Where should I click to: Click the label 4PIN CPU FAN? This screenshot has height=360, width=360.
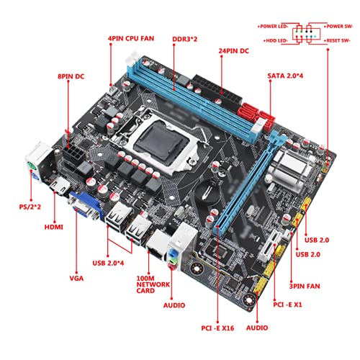coord(131,38)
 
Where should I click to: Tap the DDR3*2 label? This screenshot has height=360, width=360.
coord(185,39)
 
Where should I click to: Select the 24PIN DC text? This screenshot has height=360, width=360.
coord(233,51)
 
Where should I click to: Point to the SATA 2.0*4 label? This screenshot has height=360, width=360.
coord(285,76)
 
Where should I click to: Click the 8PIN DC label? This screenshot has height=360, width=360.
coord(71,76)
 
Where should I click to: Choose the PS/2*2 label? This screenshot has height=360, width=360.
coord(30,207)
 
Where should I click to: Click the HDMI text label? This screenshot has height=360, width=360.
coord(54,227)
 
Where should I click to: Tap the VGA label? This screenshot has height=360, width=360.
coord(76,279)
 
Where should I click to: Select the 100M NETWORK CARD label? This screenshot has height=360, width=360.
coord(153,284)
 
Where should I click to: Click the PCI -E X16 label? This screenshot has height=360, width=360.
coord(217,328)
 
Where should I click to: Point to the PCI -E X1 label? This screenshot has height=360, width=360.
coord(287,305)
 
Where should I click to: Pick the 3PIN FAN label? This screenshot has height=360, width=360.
coord(305,286)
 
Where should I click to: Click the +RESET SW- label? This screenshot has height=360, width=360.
coord(337,41)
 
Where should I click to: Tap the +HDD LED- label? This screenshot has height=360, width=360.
coord(276,41)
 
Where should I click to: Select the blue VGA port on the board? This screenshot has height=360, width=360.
coord(86,206)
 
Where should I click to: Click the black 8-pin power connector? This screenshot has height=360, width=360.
coord(73,154)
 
